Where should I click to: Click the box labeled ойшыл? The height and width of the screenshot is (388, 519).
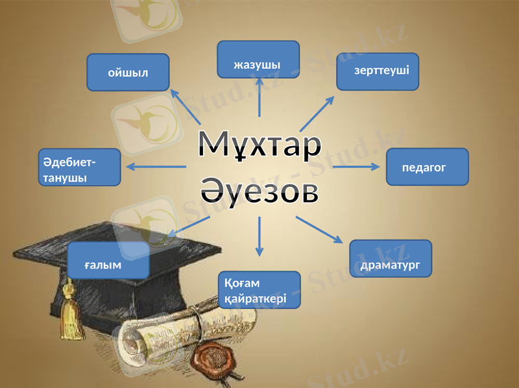[128, 72]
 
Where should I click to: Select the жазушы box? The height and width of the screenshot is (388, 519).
[258, 60]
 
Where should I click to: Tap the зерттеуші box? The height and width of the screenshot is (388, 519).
[378, 71]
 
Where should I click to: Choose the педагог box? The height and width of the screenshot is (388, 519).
[427, 167]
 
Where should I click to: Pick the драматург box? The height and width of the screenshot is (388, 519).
[391, 259]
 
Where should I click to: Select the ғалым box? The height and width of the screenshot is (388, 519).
[108, 261]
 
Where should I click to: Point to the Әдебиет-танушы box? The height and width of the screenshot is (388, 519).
[80, 167]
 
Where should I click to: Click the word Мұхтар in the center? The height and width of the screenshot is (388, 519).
[259, 144]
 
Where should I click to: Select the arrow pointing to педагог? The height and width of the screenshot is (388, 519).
[356, 167]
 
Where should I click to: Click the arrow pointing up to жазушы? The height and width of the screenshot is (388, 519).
[259, 97]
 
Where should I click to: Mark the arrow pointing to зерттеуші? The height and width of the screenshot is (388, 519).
[317, 113]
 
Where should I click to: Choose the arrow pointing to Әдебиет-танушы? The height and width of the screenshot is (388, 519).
[156, 167]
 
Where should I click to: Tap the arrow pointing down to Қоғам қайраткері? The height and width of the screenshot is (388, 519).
[259, 236]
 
